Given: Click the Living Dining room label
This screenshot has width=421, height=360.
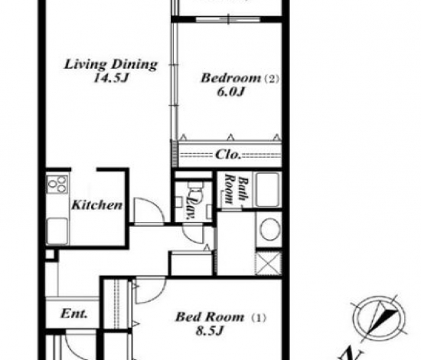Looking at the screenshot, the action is tap(111, 64).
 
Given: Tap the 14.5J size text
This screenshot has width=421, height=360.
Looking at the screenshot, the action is tap(111, 78).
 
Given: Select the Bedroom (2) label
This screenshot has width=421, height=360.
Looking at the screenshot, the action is tap(240, 78).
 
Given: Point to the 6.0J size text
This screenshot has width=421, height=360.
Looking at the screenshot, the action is tap(230, 92).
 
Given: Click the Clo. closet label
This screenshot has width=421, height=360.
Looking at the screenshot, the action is tap(227, 155).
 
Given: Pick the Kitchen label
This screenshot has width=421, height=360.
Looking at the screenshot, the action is tap(97, 205).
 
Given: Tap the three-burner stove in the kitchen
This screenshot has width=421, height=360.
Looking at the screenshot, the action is tap(57, 184).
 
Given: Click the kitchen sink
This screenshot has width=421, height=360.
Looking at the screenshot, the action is tap(57, 231).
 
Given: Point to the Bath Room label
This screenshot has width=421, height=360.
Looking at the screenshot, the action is tap(237, 189).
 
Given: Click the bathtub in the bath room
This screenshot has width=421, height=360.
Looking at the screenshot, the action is tap(267, 190).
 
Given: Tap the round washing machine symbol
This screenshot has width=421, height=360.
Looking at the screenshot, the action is tap(269, 229).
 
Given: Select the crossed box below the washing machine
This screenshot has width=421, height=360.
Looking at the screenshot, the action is tap(269, 263).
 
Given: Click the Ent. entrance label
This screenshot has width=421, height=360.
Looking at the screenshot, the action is tap(73, 313).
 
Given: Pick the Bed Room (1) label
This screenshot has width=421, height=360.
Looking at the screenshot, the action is tap(220, 317).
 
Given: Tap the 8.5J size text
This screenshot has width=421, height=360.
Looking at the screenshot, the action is tap(210, 331).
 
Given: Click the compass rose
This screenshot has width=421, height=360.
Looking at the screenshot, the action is tap(379, 319).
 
